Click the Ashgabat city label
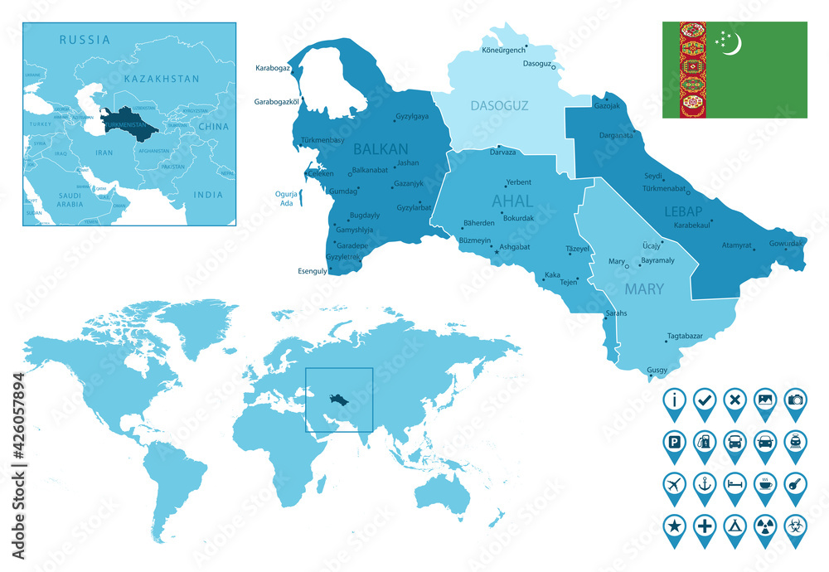pyautogui.click(x=514, y=247)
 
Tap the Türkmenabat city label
pyautogui.click(x=666, y=189)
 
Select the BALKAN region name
pyautogui.click(x=381, y=149)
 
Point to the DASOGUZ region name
pyautogui.click(x=498, y=105)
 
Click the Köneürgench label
pyautogui.click(x=503, y=50)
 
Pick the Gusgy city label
pyautogui.click(x=657, y=370)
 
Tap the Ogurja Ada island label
pyautogui.click(x=284, y=199)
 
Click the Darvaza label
pyautogui.click(x=503, y=153)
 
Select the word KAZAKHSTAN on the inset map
pyautogui.click(x=162, y=79)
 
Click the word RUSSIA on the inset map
pyautogui.click(x=85, y=39)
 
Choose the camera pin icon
pyautogui.click(x=795, y=400)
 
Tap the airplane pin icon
pyautogui.click(x=675, y=482)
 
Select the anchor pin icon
pyautogui.click(x=705, y=482)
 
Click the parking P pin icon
pyautogui.click(x=675, y=441)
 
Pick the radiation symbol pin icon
pyautogui.click(x=764, y=524)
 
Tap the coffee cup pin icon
pyautogui.click(x=764, y=482)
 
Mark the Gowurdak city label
pyautogui.click(x=786, y=244)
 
